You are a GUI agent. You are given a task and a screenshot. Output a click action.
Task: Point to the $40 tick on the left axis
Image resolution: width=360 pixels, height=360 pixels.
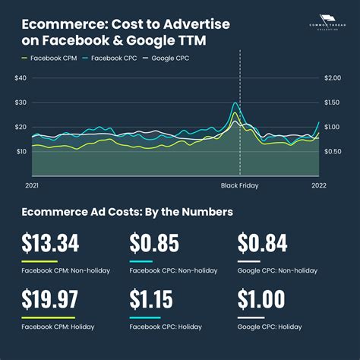click(21, 78)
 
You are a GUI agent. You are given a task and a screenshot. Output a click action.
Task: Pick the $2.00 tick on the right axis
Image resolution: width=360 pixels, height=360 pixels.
click(331, 78)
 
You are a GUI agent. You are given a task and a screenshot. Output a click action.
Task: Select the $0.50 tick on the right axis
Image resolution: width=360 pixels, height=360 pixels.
click(331, 151)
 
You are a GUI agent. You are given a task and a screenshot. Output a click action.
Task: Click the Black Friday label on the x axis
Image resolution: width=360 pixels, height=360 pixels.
click(239, 185)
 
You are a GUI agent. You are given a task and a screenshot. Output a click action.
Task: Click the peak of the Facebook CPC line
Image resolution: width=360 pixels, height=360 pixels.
click(235, 103)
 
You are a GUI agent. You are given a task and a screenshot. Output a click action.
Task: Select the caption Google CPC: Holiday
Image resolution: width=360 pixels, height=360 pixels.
click(270, 327)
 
